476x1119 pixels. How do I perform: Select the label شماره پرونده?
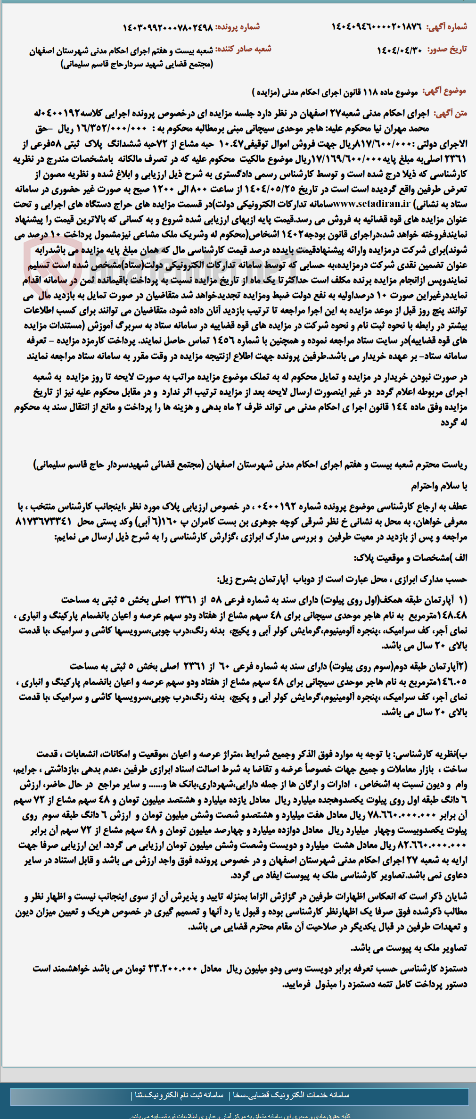(238, 27)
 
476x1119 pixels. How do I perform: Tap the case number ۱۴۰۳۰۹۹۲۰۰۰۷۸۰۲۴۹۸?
(167, 28)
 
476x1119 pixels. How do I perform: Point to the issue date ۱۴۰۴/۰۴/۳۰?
(400, 50)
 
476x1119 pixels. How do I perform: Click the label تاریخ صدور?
(447, 50)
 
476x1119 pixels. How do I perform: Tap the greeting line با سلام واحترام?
(438, 486)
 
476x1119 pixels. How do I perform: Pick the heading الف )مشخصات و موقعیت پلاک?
(410, 558)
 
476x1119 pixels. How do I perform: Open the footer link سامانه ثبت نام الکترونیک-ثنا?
(179, 1095)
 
